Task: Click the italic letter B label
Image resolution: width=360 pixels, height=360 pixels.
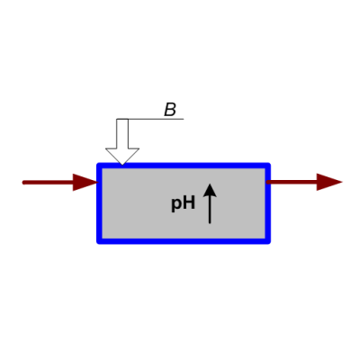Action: click(x=170, y=110)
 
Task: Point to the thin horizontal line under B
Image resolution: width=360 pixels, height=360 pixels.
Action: click(x=150, y=119)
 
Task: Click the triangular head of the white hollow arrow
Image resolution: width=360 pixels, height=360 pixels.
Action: click(x=122, y=157)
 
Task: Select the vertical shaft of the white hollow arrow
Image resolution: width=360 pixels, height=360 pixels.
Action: click(x=122, y=133)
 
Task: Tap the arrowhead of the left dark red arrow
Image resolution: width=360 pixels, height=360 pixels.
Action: click(x=85, y=182)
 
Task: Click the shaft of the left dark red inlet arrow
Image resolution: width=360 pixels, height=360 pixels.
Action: click(x=48, y=183)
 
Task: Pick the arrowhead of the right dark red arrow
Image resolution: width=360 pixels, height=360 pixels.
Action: click(x=329, y=182)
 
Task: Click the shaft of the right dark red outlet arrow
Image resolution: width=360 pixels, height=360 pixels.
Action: click(x=292, y=182)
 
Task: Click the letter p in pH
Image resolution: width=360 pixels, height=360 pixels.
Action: click(x=175, y=204)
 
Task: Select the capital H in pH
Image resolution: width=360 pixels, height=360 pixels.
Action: click(x=188, y=202)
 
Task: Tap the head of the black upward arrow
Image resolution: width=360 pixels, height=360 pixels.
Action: click(x=210, y=190)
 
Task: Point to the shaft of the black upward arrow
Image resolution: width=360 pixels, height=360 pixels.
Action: click(x=210, y=210)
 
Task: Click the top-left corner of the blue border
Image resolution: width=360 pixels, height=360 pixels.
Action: click(x=99, y=166)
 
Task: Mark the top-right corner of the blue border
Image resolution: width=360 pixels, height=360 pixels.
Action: click(x=268, y=166)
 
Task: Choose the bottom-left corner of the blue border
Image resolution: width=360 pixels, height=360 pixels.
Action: click(x=99, y=241)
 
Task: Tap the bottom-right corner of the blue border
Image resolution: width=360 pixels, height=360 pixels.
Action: click(x=268, y=241)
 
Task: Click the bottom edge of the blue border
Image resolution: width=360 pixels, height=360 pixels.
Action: click(x=184, y=241)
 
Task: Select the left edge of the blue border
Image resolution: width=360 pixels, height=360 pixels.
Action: click(x=99, y=203)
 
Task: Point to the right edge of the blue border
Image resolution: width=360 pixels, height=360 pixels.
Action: click(x=268, y=203)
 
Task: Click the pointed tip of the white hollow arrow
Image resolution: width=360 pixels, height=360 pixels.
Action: click(x=122, y=165)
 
